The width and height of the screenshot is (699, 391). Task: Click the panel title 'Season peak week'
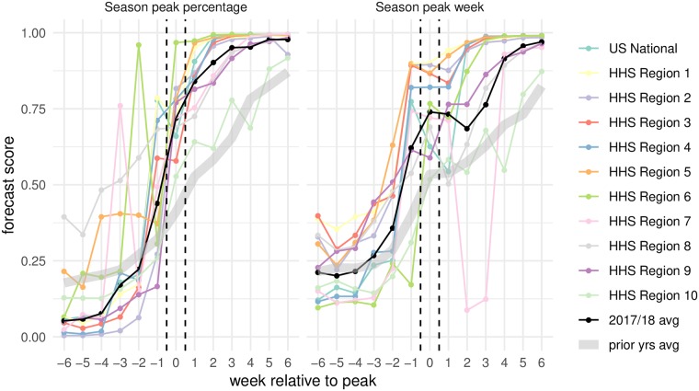[x=430, y=9]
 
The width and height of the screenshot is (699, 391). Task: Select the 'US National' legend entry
[x=636, y=48]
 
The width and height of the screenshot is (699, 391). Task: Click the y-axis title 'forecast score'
[x=12, y=185]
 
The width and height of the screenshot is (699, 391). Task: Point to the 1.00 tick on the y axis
[x=34, y=34]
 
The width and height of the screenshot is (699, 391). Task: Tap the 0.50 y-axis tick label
[x=34, y=185]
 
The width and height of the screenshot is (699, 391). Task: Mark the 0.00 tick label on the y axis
[x=34, y=337]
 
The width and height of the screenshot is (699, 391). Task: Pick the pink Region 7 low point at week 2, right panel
[x=467, y=309]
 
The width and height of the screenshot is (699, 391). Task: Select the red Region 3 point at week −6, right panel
[x=317, y=216]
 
